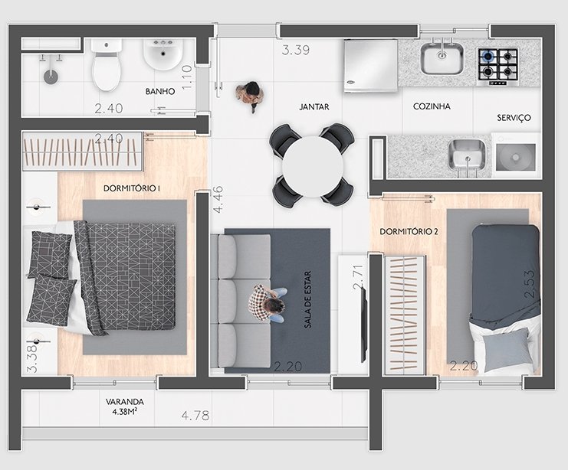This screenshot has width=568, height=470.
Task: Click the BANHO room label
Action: pos(160,91)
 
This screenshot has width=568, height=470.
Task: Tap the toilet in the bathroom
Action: pos(106,65)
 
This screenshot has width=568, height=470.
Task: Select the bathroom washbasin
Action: pos(163,54)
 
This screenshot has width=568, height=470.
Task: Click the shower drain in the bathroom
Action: pos(51,77)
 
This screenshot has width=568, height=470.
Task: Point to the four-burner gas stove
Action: pos(497,67)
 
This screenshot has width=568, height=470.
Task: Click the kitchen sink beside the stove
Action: pos(442,58)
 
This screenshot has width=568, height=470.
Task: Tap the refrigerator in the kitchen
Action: pos(370,66)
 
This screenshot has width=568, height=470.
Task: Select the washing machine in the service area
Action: pos(516,155)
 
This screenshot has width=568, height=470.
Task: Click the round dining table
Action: pos(313,166)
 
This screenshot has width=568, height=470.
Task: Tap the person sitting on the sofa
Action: pos(268,304)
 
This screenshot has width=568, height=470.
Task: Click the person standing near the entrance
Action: pos(250,96)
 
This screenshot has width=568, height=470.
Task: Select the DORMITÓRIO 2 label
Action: pos(409,231)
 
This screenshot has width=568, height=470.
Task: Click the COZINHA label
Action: pos(432,106)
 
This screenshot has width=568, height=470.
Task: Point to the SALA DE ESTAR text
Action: pos(308,299)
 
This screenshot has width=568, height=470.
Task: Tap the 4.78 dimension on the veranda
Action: pos(195,416)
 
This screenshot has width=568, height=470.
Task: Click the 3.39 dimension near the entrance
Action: pos(296,50)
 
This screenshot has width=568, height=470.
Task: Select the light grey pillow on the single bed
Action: pos(507,349)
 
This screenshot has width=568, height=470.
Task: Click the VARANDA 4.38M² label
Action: pos(125,406)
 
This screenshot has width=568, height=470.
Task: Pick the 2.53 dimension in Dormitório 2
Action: pos(529,284)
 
